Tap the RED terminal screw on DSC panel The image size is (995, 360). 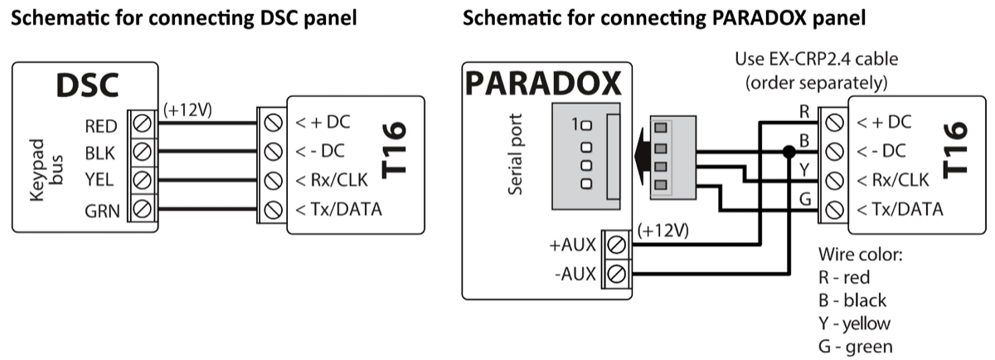pyautogui.click(x=142, y=126)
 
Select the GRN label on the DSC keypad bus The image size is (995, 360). pyautogui.click(x=104, y=211)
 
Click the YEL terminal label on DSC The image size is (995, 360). pyautogui.click(x=101, y=181)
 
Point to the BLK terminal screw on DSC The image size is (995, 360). pyautogui.click(x=142, y=153)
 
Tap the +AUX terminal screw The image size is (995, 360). pyautogui.click(x=616, y=245)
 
